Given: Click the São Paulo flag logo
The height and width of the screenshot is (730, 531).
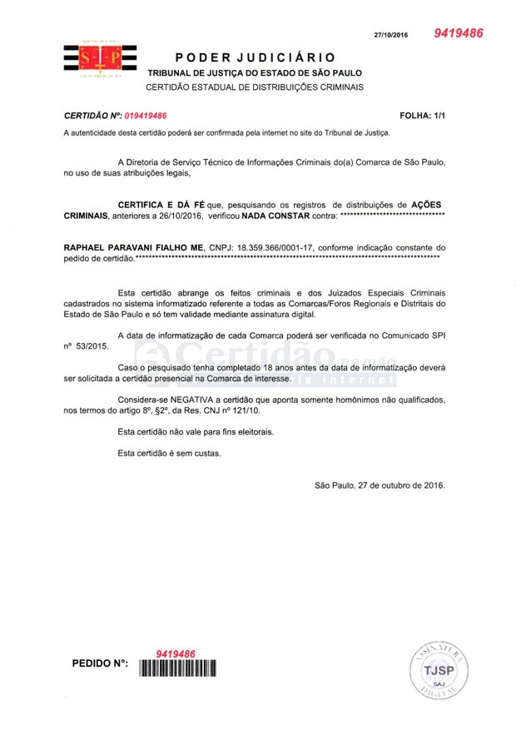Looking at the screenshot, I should (101, 58).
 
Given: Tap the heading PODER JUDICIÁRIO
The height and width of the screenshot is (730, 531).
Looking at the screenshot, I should (256, 57).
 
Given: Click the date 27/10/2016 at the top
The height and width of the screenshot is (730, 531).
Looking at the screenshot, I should (391, 36).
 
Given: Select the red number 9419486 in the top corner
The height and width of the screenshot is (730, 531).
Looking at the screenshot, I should (458, 33).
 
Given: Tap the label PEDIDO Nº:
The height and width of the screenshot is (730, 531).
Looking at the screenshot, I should (100, 667).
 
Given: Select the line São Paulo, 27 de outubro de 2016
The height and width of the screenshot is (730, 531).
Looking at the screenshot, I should (380, 484).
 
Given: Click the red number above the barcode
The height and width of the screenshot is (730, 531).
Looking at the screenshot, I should (176, 653).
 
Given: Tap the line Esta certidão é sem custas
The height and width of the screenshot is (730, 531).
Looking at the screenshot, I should (170, 454).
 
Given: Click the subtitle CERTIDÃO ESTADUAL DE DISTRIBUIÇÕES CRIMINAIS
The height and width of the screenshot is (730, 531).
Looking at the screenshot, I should (255, 87).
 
